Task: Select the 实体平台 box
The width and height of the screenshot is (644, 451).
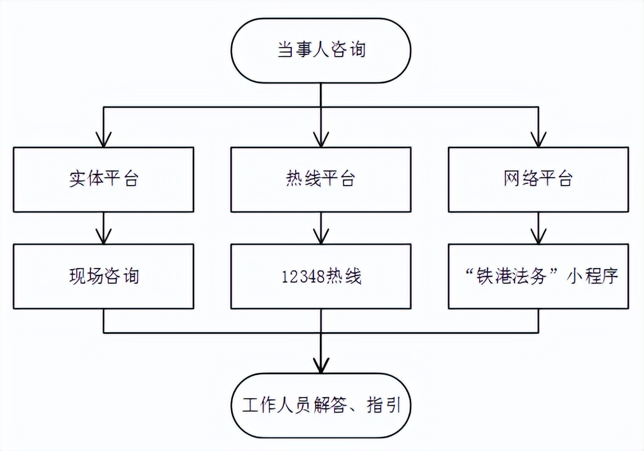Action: (x=104, y=180)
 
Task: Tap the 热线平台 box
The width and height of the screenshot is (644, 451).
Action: (x=321, y=180)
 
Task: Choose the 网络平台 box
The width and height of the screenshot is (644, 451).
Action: (x=538, y=180)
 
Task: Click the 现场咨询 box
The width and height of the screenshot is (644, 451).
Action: (x=104, y=276)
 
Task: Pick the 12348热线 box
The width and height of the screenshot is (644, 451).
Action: (x=321, y=276)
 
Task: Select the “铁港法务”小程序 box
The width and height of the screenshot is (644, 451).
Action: (x=538, y=276)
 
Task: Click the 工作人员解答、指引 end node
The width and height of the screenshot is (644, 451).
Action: (x=321, y=404)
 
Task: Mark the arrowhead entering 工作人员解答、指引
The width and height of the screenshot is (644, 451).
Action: (x=321, y=366)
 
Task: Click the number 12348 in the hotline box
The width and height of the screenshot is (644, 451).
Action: (x=302, y=277)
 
